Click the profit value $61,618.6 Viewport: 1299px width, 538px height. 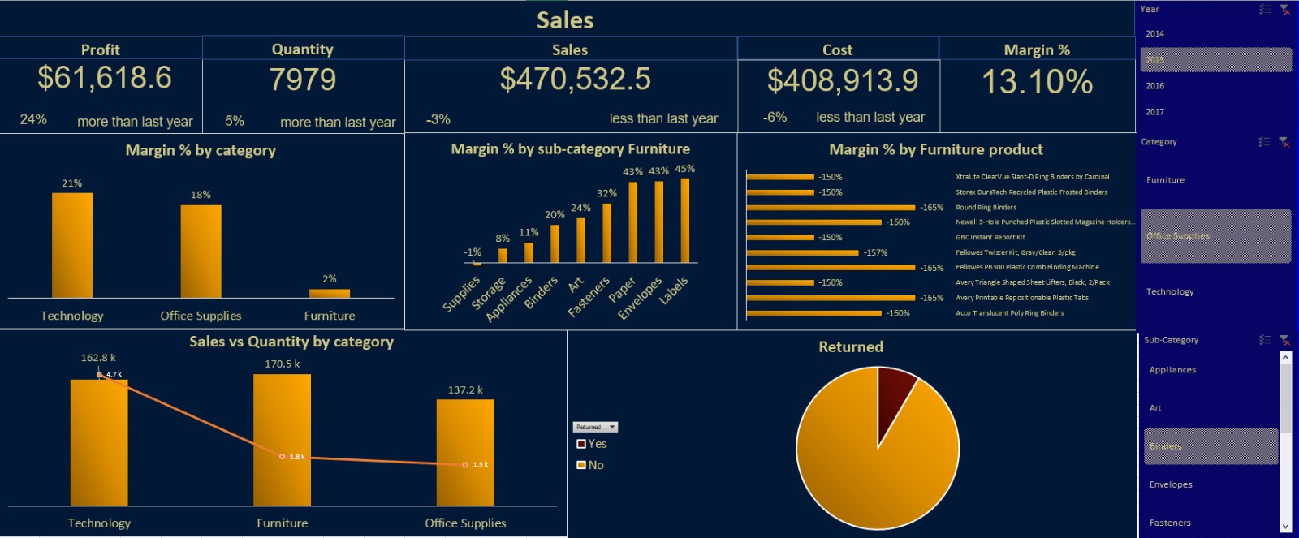tap(105, 79)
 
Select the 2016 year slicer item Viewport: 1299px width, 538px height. tap(1154, 86)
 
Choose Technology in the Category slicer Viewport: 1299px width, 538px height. tap(1170, 292)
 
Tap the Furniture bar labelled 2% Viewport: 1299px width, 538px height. tap(330, 293)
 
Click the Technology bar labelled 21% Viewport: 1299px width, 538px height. tap(72, 245)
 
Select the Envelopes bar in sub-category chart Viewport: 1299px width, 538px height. tap(658, 222)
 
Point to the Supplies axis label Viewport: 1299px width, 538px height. tap(461, 295)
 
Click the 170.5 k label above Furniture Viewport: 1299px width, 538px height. tap(282, 364)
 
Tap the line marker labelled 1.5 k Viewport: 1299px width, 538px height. tap(465, 465)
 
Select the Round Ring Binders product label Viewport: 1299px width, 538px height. tap(986, 208)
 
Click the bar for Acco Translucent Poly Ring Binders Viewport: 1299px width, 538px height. tap(813, 313)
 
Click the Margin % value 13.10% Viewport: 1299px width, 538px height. tap(1037, 82)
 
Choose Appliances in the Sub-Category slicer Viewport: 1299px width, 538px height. tap(1172, 370)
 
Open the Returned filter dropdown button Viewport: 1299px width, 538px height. tap(612, 427)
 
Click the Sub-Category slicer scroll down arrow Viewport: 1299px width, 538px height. tap(1285, 527)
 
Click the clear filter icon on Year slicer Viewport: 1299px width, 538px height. tap(1284, 10)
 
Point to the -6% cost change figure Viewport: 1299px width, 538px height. tap(775, 118)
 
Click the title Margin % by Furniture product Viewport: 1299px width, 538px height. tap(935, 149)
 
